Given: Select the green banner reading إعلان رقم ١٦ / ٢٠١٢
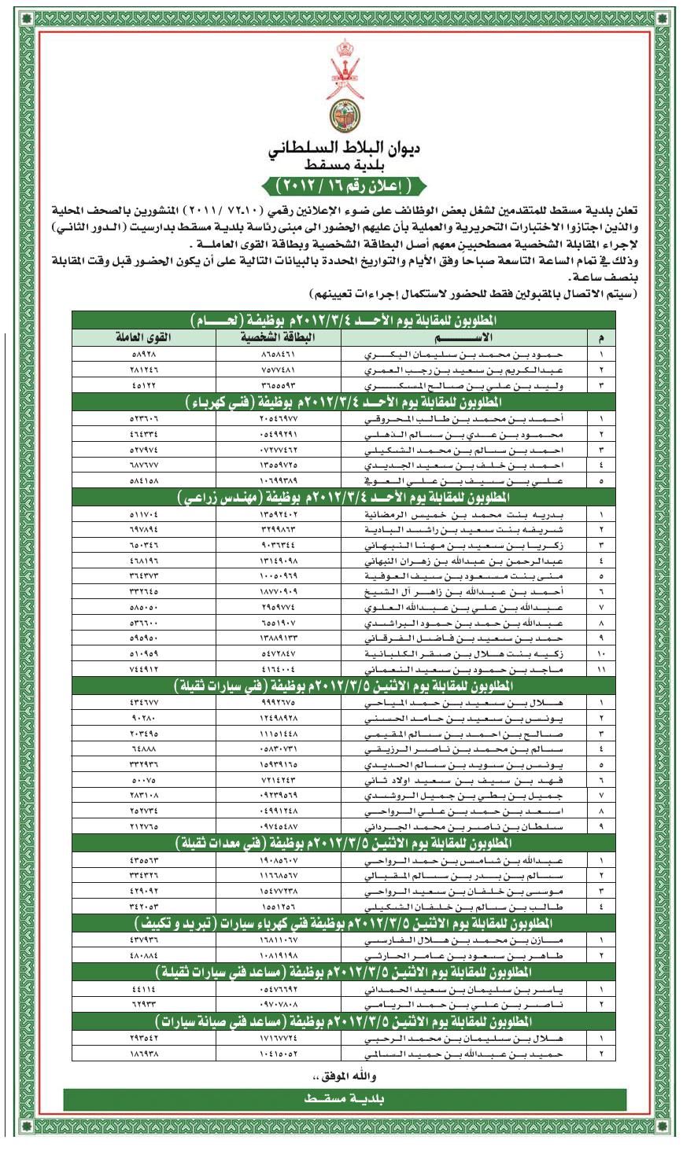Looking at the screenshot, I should (x=341, y=186).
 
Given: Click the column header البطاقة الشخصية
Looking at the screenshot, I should (x=277, y=337).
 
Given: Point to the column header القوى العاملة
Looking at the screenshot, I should (x=144, y=337).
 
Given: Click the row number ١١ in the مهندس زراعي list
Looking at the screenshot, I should (x=602, y=669).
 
